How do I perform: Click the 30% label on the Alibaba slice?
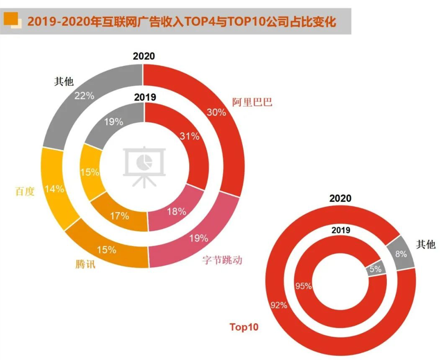click(216, 112)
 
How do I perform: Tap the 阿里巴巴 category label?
click(252, 102)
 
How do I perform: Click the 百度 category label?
click(25, 191)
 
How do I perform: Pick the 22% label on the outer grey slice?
click(84, 95)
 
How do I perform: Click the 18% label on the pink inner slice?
click(176, 211)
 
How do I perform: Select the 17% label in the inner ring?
click(119, 216)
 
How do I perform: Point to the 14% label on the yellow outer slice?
click(54, 189)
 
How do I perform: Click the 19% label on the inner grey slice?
click(113, 122)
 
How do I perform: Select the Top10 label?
click(244, 327)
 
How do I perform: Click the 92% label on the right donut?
click(278, 305)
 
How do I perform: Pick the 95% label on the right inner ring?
click(303, 286)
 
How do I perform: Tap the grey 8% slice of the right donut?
click(401, 252)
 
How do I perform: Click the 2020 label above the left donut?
click(144, 57)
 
